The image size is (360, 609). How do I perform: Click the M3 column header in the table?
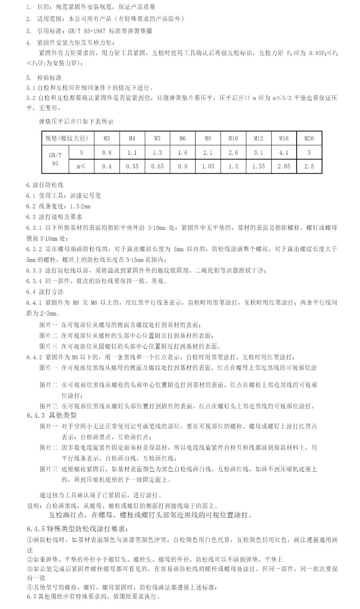(x=107, y=138)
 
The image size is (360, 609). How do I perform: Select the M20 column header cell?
(x=309, y=138)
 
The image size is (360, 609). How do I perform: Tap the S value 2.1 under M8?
(x=208, y=152)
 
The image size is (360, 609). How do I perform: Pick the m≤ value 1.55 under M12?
(x=258, y=166)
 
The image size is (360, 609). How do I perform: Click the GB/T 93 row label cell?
(x=55, y=159)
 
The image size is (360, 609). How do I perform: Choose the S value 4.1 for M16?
(x=284, y=152)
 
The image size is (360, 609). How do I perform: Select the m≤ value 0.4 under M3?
(x=107, y=166)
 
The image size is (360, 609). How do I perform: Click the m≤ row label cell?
(x=81, y=166)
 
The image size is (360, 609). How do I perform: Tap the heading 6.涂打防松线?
(x=45, y=185)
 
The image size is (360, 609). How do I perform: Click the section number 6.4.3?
(x=36, y=415)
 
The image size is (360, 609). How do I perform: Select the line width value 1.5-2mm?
(x=80, y=206)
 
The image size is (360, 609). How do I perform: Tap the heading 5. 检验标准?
(x=44, y=78)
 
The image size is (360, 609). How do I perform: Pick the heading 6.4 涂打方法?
(x=45, y=292)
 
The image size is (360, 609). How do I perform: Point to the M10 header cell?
(x=233, y=138)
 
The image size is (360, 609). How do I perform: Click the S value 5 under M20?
(x=309, y=152)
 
